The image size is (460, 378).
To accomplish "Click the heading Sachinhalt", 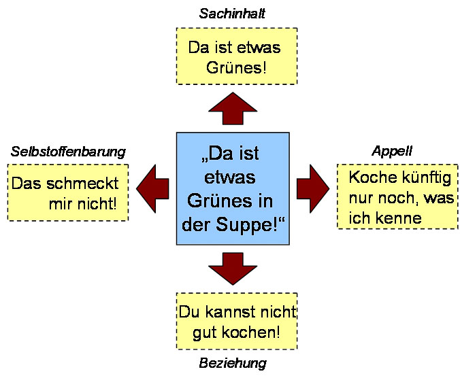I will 232,14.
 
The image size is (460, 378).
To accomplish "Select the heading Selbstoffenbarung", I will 68,151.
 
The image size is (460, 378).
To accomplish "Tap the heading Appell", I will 392,151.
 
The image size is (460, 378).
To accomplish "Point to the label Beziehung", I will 232,364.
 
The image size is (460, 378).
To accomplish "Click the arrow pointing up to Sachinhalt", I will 233,108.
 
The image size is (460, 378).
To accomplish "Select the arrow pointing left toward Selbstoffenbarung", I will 154,187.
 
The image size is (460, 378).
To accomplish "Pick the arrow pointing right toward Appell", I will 312,187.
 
